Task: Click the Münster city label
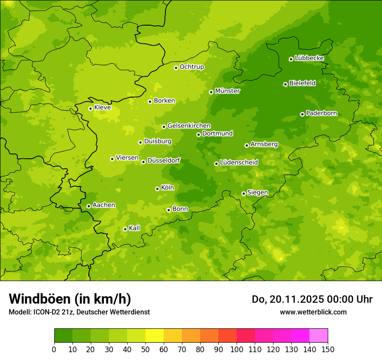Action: [x=227, y=91]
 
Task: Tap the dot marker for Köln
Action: [x=157, y=189]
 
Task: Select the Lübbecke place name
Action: [x=309, y=58]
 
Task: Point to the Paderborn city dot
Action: [x=302, y=114]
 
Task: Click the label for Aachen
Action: [x=104, y=205]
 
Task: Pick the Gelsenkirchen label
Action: [x=189, y=126]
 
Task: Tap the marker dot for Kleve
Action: [x=90, y=108]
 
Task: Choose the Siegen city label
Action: [x=257, y=193]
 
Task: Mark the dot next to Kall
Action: [x=125, y=229]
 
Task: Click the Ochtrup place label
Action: [x=191, y=67]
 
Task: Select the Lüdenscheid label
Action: [x=239, y=163]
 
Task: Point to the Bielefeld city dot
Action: [x=285, y=84]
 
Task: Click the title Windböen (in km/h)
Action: [x=70, y=299]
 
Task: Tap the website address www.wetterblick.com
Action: [x=313, y=312]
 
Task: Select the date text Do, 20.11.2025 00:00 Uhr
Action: [x=312, y=299]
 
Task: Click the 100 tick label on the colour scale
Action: [x=237, y=350]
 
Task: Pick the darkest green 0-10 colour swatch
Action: [x=63, y=336]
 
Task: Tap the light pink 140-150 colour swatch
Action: [x=319, y=336]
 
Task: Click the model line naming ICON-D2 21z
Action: [x=79, y=312]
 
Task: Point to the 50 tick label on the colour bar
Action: [x=145, y=350]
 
